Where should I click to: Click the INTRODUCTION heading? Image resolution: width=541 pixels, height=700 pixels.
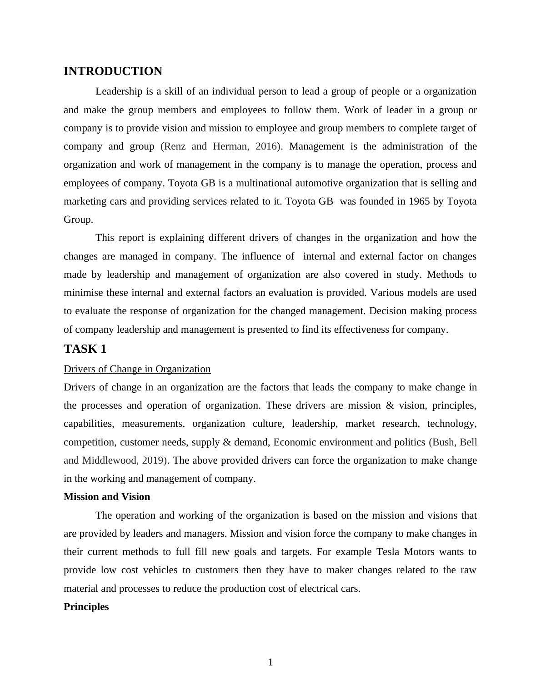pos(113,71)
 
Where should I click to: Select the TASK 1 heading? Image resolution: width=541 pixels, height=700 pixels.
pos(85,349)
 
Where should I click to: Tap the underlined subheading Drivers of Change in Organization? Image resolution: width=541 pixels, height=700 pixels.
pos(137,369)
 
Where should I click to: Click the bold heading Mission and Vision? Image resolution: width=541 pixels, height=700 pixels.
pos(107,496)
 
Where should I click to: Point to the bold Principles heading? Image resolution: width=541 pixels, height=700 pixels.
pos(86,606)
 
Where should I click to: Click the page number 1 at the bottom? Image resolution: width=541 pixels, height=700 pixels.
pos(270,662)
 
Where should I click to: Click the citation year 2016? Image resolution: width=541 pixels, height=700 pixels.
pos(266,146)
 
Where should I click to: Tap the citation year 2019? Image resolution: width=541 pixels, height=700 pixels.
pos(152,460)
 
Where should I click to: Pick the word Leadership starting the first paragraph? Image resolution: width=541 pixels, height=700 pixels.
pos(119,91)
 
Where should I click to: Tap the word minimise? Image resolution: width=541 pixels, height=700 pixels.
pos(84,292)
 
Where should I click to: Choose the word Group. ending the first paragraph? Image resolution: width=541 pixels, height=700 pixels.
pos(78,219)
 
